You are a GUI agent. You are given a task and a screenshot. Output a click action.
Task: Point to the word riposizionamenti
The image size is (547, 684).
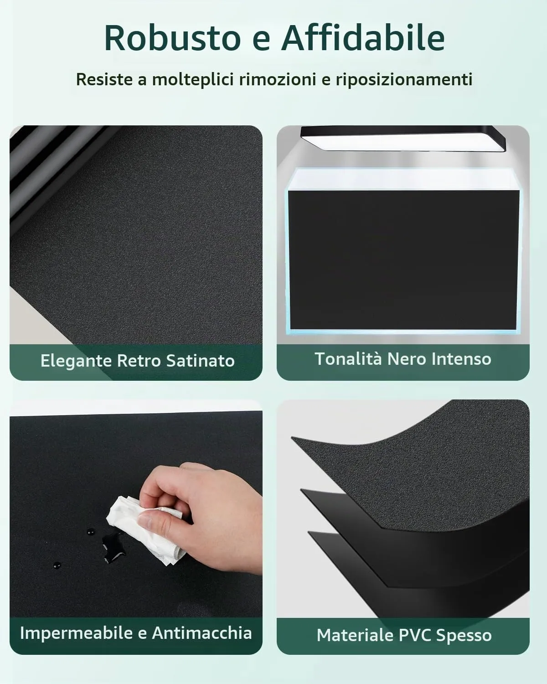point(404,79)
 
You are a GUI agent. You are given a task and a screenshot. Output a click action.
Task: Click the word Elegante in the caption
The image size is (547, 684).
point(76,361)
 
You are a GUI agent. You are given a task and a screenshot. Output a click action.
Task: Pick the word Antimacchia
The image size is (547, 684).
point(202,632)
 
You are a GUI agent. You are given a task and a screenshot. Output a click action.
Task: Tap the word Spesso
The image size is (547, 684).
point(464,636)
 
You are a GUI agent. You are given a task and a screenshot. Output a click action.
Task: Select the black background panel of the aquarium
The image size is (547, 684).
point(403,259)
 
